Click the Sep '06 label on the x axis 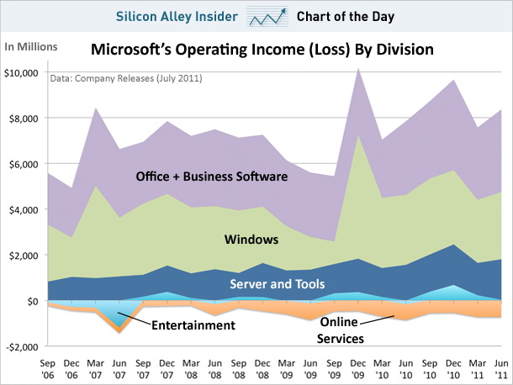pyautogui.click(x=49, y=367)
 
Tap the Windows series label pyautogui.click(x=251, y=240)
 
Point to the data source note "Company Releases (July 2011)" pyautogui.click(x=125, y=79)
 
